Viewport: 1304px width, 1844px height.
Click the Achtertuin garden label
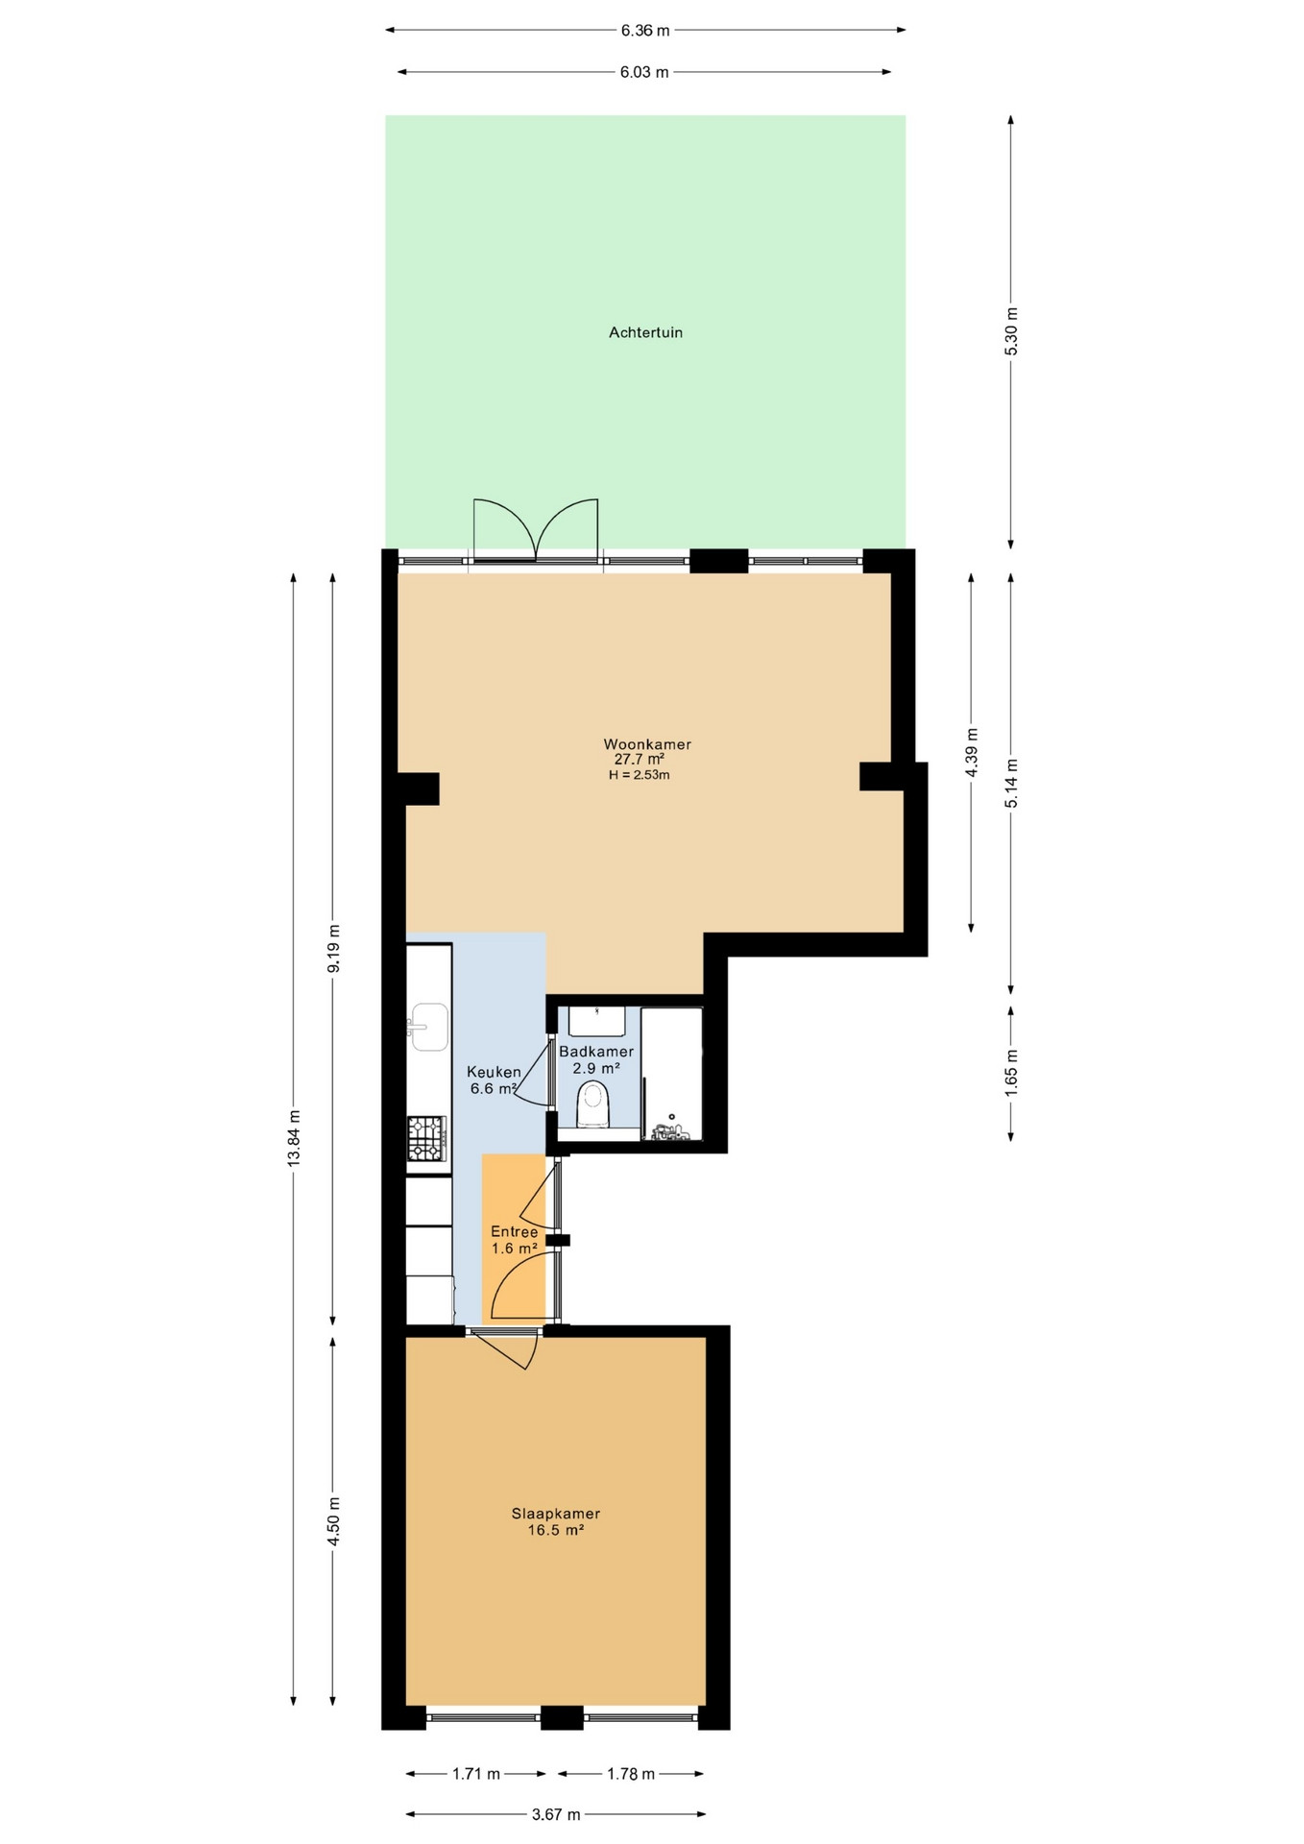tap(645, 332)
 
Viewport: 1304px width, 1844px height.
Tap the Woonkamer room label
tap(647, 744)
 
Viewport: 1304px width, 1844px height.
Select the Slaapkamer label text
tap(556, 1514)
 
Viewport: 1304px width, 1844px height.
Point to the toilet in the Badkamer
tap(593, 1104)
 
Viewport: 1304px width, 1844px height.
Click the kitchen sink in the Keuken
tap(428, 1027)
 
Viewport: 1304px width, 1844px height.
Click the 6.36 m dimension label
tap(645, 30)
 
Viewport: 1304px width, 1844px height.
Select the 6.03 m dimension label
tap(644, 72)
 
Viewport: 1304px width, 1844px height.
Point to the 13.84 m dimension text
tap(294, 1138)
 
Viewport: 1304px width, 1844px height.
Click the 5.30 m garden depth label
tap(1010, 331)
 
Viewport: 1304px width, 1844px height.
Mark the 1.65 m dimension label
tap(1010, 1070)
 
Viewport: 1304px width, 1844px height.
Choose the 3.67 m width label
tap(556, 1814)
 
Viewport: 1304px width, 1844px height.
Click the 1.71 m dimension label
tap(476, 1774)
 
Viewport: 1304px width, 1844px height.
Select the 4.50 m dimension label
tap(333, 1521)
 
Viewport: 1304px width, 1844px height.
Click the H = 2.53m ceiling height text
tap(640, 775)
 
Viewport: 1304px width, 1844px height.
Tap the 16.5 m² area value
tap(556, 1530)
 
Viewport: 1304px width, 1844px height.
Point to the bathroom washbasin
tap(597, 1020)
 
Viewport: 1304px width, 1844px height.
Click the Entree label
tap(515, 1231)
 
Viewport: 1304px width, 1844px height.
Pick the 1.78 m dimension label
tap(631, 1774)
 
